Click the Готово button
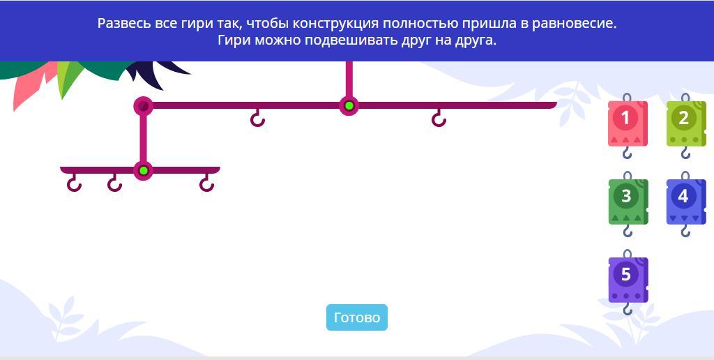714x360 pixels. (x=356, y=317)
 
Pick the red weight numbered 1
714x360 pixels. (x=628, y=123)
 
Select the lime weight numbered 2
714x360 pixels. (x=686, y=123)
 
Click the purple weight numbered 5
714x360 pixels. (x=628, y=280)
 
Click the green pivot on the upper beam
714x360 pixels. (x=349, y=106)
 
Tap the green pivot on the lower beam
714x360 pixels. (x=144, y=171)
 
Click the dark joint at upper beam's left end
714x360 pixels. (x=143, y=106)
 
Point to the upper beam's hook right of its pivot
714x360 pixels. (x=439, y=119)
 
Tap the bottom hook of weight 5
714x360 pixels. (x=628, y=309)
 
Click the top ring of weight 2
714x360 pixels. (x=686, y=97)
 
